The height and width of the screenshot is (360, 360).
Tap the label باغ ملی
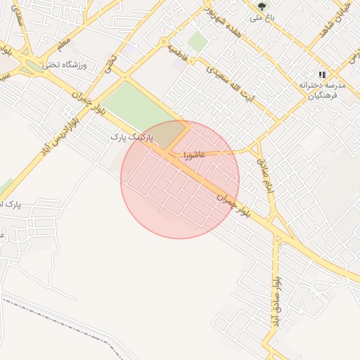click(x=262, y=18)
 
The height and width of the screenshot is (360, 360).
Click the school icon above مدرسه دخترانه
click(x=322, y=75)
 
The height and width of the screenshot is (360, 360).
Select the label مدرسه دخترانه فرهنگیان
click(x=320, y=89)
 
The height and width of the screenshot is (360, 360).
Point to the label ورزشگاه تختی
click(x=64, y=65)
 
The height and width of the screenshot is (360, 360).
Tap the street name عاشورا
click(x=193, y=153)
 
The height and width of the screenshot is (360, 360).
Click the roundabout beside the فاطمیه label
click(x=164, y=41)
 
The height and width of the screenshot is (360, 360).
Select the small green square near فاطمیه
click(x=198, y=42)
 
